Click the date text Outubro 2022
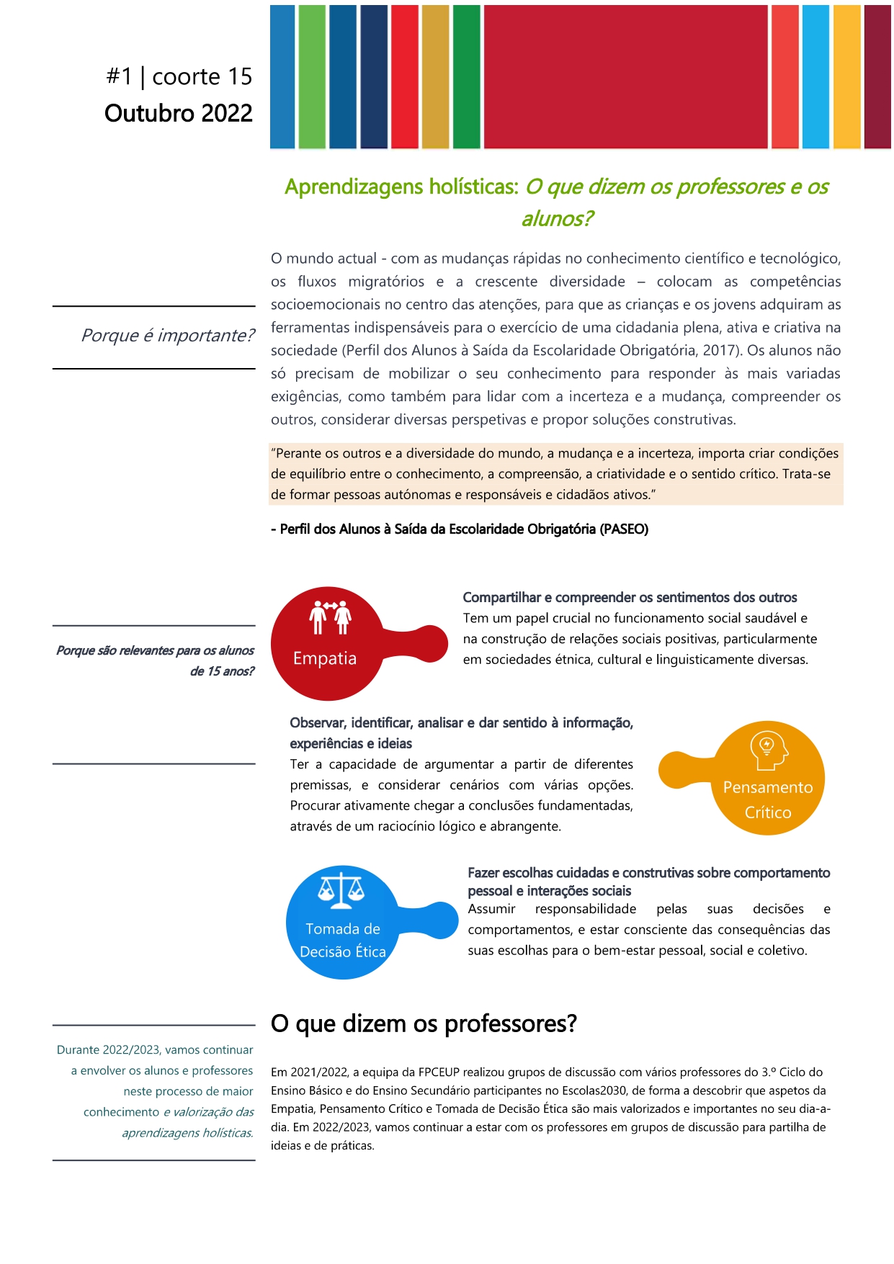pyautogui.click(x=178, y=113)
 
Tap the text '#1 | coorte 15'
pyautogui.click(x=179, y=76)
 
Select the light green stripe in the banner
pyautogui.click(x=312, y=76)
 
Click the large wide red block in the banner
pyautogui.click(x=625, y=76)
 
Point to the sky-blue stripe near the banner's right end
pyautogui.click(x=815, y=76)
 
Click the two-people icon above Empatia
pyautogui.click(x=330, y=617)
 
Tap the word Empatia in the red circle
pyautogui.click(x=325, y=658)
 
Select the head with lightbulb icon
pyautogui.click(x=768, y=750)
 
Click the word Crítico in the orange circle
pyautogui.click(x=768, y=812)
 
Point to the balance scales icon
pyautogui.click(x=341, y=891)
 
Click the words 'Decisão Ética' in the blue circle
pyautogui.click(x=343, y=951)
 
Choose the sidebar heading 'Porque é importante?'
pyautogui.click(x=167, y=336)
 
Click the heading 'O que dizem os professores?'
pyautogui.click(x=424, y=1023)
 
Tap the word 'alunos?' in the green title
pyautogui.click(x=557, y=218)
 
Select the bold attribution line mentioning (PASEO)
pyautogui.click(x=460, y=529)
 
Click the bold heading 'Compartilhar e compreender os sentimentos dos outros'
pyautogui.click(x=630, y=597)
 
